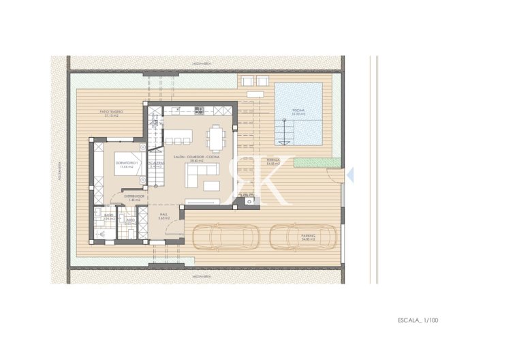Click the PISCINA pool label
[x=298, y=110]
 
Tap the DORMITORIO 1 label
[x=127, y=164]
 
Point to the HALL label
[x=163, y=215]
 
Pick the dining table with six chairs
[x=217, y=138]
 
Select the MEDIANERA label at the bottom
[x=200, y=277]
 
